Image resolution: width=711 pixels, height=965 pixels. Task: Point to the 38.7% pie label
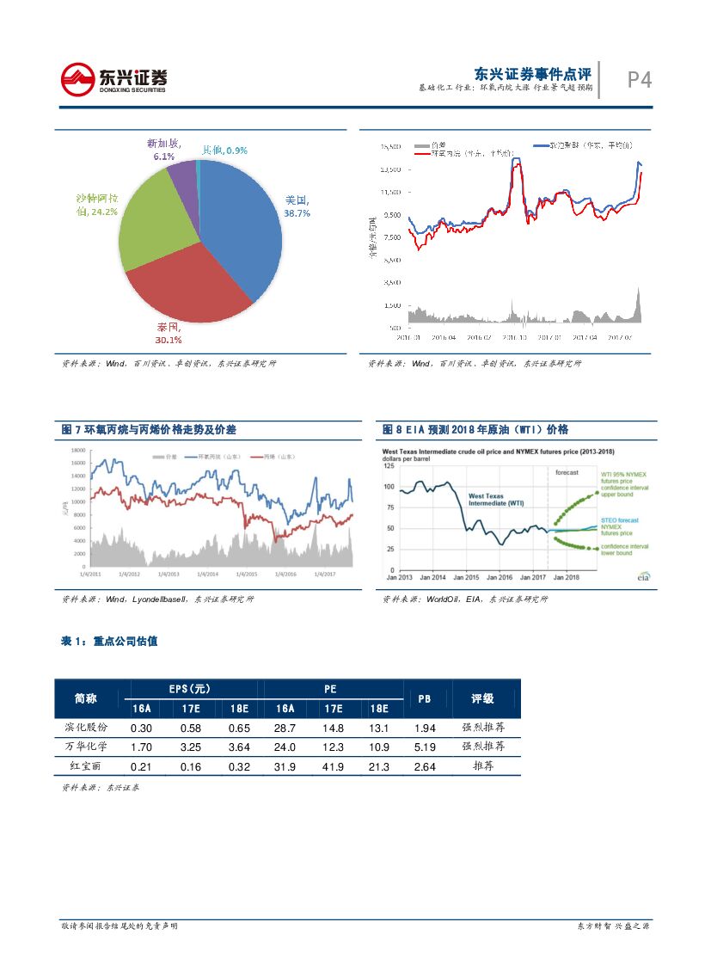297,212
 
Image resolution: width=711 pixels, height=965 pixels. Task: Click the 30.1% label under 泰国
169,340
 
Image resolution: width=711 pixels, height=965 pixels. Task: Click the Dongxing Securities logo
113,80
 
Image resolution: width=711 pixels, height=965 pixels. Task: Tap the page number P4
639,80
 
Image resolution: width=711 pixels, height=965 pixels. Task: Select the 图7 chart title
149,429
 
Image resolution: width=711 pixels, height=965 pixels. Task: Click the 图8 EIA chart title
475,429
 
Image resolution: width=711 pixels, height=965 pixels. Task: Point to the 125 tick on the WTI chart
389,465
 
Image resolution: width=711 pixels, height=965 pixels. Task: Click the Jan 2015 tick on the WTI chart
466,577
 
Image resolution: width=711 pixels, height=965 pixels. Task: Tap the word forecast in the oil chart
567,472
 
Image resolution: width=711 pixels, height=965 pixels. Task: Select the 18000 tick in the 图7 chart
77,450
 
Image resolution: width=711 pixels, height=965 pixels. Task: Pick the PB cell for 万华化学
424,747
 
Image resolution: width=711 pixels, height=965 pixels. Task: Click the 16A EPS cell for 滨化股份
141,728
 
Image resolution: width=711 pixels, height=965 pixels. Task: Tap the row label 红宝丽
91,766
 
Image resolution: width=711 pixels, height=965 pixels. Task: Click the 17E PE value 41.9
333,766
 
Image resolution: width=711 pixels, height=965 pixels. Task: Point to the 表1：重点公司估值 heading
109,642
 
